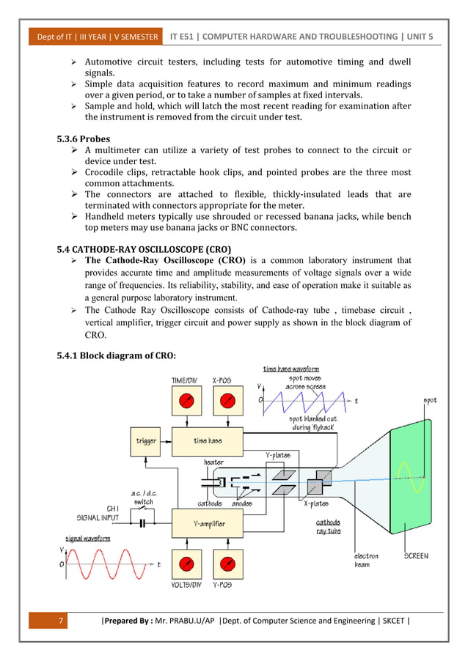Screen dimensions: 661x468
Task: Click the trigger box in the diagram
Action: pos(146,440)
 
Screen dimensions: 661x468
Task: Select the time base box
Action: pos(208,440)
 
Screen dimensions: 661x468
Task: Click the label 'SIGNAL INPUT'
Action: pos(99,517)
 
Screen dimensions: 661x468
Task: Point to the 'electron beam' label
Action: pos(366,560)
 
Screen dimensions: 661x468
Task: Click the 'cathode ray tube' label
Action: pos(327,526)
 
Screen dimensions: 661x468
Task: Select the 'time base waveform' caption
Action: pos(290,368)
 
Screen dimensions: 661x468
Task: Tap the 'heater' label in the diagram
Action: pos(214,462)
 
